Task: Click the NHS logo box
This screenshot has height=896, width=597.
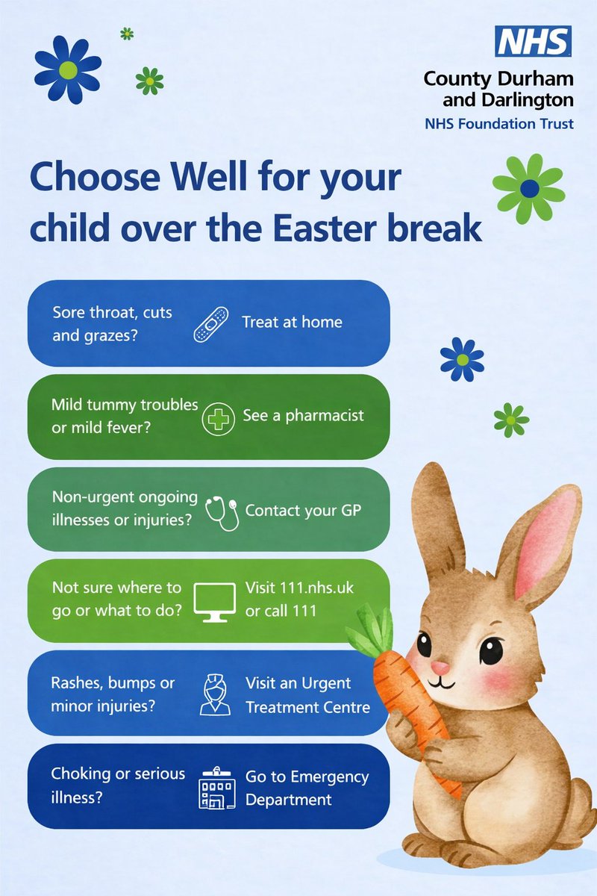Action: click(534, 41)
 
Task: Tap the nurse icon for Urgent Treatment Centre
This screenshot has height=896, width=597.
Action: click(215, 694)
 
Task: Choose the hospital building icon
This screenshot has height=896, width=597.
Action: click(216, 787)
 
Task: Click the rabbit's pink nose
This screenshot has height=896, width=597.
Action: click(441, 665)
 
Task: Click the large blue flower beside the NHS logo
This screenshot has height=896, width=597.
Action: click(68, 70)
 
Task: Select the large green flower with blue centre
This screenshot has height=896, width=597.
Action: click(529, 188)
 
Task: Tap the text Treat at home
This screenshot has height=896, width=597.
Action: click(292, 323)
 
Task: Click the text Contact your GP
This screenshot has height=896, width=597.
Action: click(304, 511)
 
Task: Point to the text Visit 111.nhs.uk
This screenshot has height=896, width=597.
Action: click(299, 588)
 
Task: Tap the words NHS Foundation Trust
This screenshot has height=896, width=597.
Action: click(499, 123)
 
